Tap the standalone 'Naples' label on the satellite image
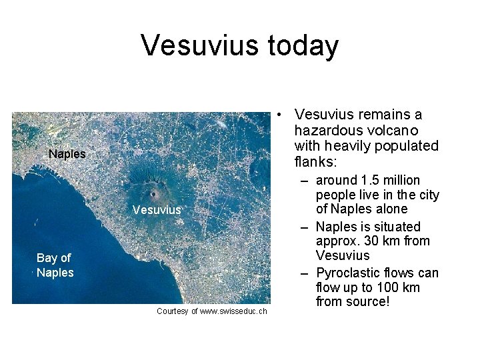click(67, 154)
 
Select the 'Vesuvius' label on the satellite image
click(157, 210)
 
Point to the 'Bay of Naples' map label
click(55, 265)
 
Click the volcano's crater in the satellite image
click(154, 194)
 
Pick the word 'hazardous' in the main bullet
click(325, 130)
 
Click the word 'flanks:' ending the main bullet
click(316, 161)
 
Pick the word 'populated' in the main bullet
click(407, 145)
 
